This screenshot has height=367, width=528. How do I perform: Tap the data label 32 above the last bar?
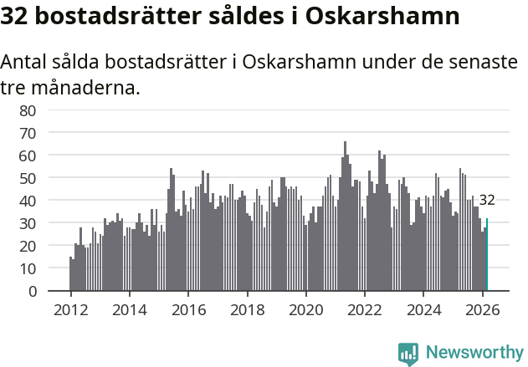pyautogui.click(x=487, y=201)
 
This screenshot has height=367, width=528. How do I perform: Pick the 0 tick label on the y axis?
pyautogui.click(x=31, y=292)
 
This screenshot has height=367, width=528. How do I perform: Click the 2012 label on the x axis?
pyautogui.click(x=70, y=308)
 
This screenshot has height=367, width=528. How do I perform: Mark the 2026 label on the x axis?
pyautogui.click(x=483, y=308)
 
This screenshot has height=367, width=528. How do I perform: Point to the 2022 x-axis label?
pyautogui.click(x=365, y=308)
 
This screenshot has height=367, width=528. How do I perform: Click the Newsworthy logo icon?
pyautogui.click(x=408, y=353)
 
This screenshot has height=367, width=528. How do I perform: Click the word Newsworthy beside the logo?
pyautogui.click(x=474, y=353)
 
